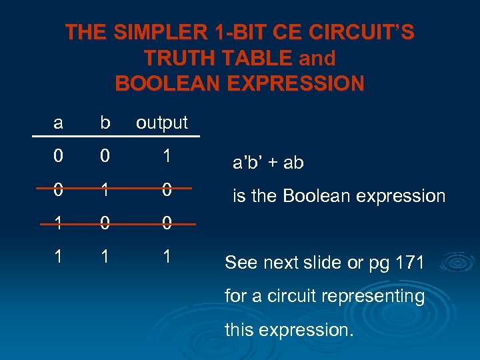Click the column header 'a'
(59, 123)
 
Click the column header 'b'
(104, 123)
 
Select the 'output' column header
(162, 123)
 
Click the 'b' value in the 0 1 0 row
(104, 189)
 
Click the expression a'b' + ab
(267, 163)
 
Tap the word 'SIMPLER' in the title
(147, 33)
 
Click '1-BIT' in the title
(226, 33)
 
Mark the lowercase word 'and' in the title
(317, 59)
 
